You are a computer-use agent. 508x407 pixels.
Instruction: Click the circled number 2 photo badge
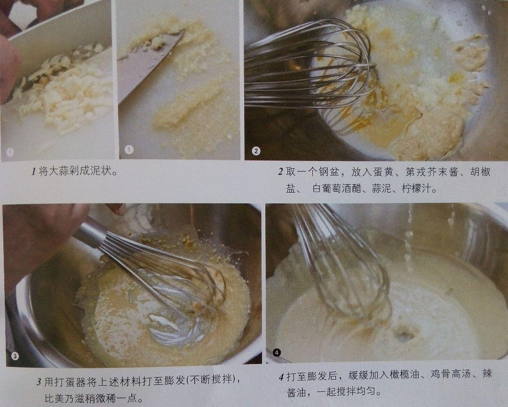click(x=256, y=151)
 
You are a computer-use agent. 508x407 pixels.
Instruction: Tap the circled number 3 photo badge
click(x=15, y=357)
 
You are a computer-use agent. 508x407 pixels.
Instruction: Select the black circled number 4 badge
click(x=277, y=352)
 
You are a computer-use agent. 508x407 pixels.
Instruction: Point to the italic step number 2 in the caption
click(x=280, y=171)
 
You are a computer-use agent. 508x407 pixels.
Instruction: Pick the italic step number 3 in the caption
click(x=39, y=382)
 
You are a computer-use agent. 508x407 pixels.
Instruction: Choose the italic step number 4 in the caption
click(x=281, y=377)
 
